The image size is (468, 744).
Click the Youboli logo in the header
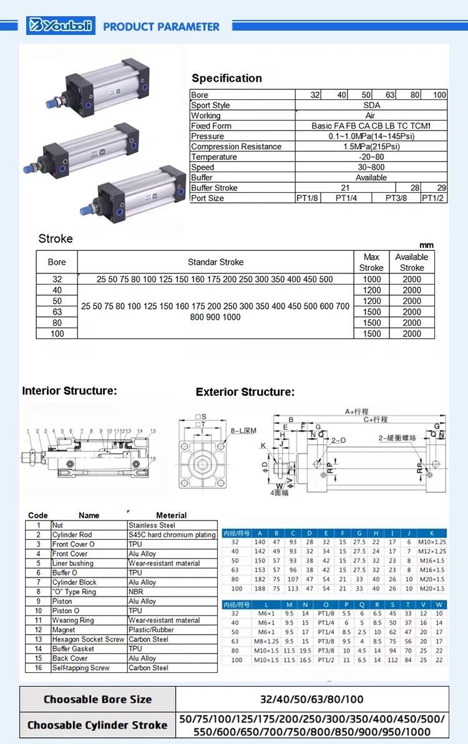pyautogui.click(x=61, y=26)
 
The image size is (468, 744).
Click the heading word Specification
pyautogui.click(x=227, y=78)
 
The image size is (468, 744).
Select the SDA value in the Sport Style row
pyautogui.click(x=371, y=105)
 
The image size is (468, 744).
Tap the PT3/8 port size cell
pyautogui.click(x=396, y=198)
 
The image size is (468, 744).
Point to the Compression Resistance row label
pyautogui.click(x=236, y=146)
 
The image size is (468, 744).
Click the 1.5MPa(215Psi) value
pyautogui.click(x=371, y=146)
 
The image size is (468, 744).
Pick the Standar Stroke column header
pyautogui.click(x=215, y=262)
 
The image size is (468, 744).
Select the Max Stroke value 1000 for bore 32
pyautogui.click(x=371, y=280)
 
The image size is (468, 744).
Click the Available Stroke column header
pyautogui.click(x=412, y=262)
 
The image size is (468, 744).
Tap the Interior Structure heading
pyautogui.click(x=69, y=391)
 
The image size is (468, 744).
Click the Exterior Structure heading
pyautogui.click(x=245, y=392)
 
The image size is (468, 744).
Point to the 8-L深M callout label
pyautogui.click(x=243, y=431)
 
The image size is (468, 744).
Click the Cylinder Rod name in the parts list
pyautogui.click(x=72, y=535)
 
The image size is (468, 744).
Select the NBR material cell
pyautogui.click(x=136, y=592)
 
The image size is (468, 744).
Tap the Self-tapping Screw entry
pyautogui.click(x=80, y=668)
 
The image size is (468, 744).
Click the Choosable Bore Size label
pyautogui.click(x=98, y=699)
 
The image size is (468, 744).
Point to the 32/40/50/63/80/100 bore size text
pyautogui.click(x=311, y=699)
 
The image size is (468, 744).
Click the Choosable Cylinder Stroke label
pyautogui.click(x=98, y=725)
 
